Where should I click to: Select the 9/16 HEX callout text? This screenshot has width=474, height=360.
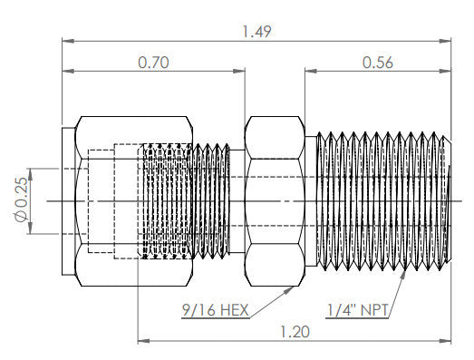point(216,311)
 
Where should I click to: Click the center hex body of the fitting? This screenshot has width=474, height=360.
point(276,199)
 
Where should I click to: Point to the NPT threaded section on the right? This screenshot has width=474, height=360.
point(381,199)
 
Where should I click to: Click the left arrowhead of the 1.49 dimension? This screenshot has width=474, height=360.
point(65,41)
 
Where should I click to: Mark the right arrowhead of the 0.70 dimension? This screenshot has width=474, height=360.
point(242,73)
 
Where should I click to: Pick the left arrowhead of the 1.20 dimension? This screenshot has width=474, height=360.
point(141,341)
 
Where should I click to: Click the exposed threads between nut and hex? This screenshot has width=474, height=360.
point(218,199)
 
